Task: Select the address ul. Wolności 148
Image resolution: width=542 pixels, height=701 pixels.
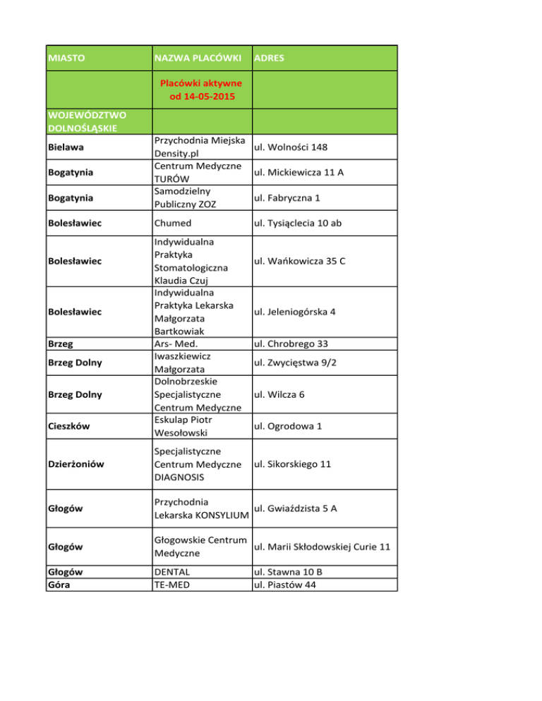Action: click(x=289, y=147)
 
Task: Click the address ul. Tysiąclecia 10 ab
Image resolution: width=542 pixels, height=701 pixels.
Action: click(x=301, y=224)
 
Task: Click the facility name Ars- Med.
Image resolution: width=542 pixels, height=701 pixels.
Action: click(x=179, y=344)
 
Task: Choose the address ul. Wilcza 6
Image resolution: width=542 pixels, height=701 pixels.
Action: click(x=279, y=394)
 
